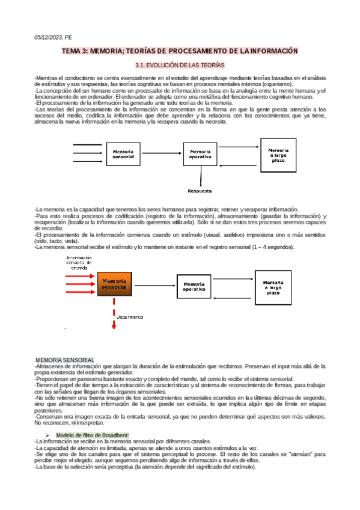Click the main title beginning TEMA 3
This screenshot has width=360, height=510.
180,52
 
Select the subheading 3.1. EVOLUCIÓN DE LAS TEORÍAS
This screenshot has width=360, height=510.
180,64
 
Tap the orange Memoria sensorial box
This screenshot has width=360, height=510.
114,284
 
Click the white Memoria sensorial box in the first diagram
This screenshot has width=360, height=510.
123,155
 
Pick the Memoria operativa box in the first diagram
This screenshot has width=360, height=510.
200,155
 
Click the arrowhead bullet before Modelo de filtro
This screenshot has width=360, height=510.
48,435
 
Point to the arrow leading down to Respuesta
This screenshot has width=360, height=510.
200,176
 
